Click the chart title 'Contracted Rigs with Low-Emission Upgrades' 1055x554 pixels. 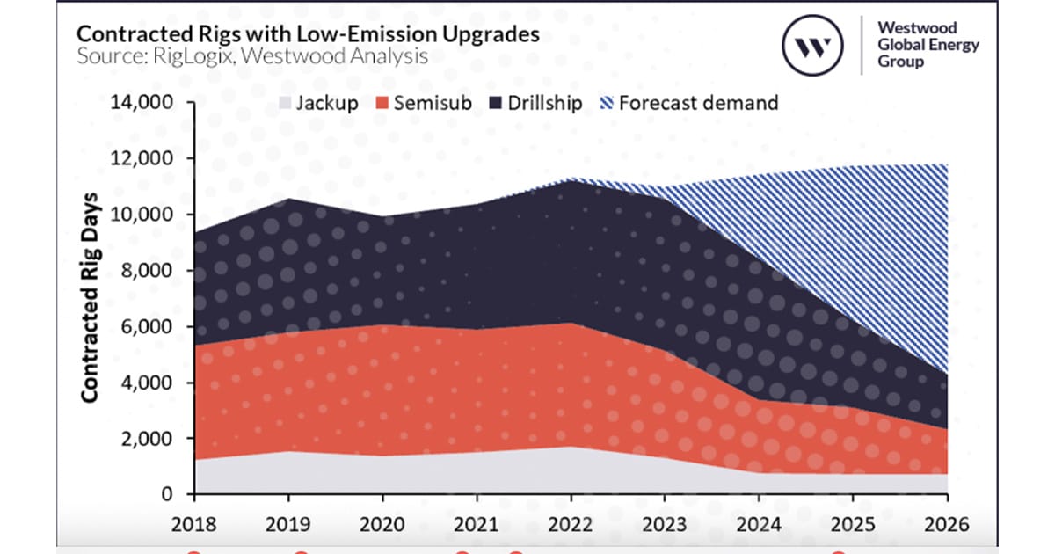(x=307, y=33)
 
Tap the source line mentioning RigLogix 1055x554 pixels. (x=251, y=57)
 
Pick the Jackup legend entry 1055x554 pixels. (x=319, y=103)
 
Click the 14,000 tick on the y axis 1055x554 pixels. (x=142, y=103)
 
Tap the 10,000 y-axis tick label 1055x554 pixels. (x=142, y=215)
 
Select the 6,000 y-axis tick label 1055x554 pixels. (x=147, y=327)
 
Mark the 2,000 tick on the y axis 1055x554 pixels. (x=147, y=439)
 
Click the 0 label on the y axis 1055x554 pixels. (x=168, y=495)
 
